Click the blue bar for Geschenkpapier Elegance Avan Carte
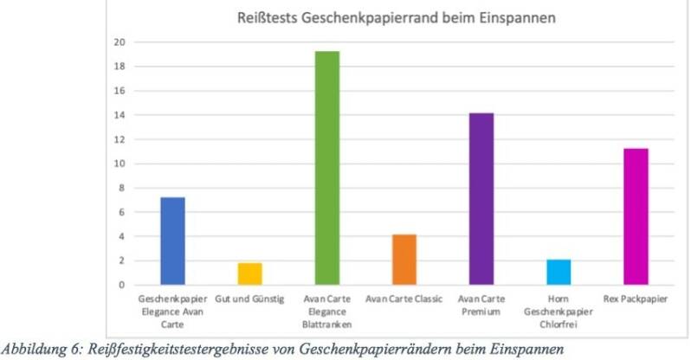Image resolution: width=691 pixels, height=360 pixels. pyautogui.click(x=172, y=241)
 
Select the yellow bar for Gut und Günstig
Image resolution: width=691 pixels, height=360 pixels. pyautogui.click(x=249, y=273)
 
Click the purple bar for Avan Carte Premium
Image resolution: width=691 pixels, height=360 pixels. pyautogui.click(x=481, y=199)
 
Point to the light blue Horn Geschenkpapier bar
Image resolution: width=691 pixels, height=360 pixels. pyautogui.click(x=558, y=272)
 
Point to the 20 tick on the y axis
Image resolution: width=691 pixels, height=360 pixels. pyautogui.click(x=120, y=42)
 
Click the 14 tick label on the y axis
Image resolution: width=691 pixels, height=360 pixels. pyautogui.click(x=120, y=115)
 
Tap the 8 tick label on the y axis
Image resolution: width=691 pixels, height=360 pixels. pyautogui.click(x=122, y=188)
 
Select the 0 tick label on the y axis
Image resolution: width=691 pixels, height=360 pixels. pyautogui.click(x=122, y=285)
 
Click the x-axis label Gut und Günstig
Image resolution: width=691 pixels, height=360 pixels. pyautogui.click(x=249, y=297)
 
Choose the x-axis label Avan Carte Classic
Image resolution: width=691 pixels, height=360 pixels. pyautogui.click(x=404, y=297)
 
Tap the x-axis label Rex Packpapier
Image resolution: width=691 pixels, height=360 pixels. pyautogui.click(x=635, y=297)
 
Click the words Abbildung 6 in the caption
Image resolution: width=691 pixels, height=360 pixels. pyautogui.click(x=40, y=347)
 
